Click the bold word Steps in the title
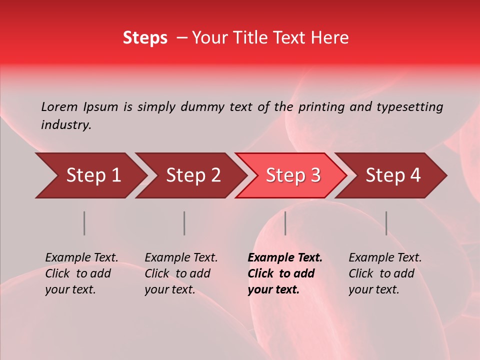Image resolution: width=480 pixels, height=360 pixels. click(145, 38)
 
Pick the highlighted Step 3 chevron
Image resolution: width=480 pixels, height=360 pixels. click(293, 175)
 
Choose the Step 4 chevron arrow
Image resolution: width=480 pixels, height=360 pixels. click(393, 175)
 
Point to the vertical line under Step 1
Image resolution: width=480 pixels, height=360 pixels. click(84, 223)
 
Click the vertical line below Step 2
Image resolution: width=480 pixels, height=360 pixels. click(184, 223)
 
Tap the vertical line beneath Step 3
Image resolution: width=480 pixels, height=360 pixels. click(285, 223)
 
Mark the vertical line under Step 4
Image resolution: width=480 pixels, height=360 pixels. click(386, 223)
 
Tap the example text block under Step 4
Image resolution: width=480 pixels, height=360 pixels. click(385, 273)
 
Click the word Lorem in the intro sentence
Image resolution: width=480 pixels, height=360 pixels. click(59, 106)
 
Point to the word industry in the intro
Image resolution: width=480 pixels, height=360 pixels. click(66, 125)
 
